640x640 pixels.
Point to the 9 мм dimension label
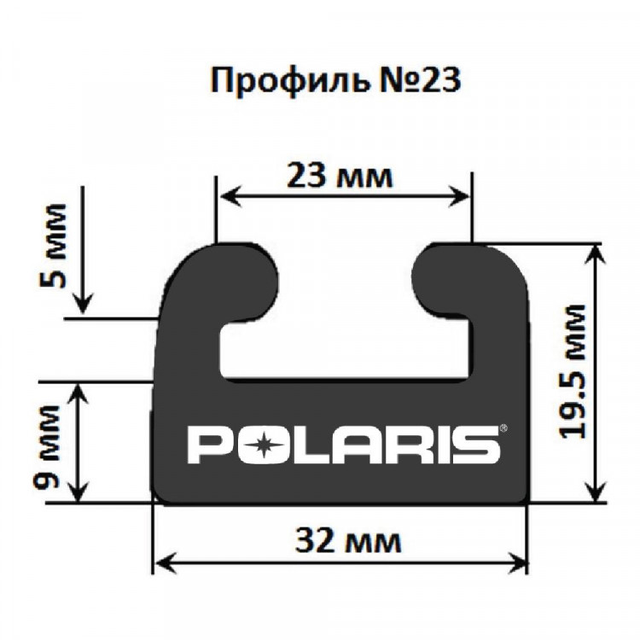tap(50, 443)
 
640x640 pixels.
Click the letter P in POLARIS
tap(206, 445)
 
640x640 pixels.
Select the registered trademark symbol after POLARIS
tap(503, 428)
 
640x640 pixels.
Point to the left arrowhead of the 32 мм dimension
tap(162, 562)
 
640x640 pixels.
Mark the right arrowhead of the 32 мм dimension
tap(518, 562)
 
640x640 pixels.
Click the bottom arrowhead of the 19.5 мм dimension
tap(595, 492)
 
